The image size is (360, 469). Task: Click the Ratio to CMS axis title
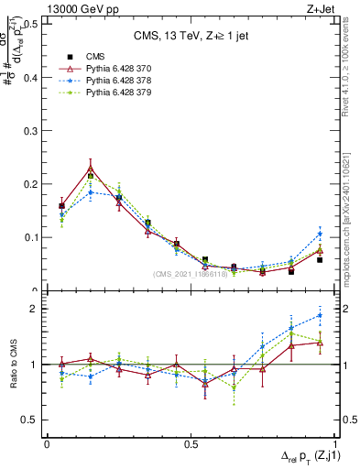pyautogui.click(x=13, y=365)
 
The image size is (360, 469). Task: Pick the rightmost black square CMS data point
pyautogui.click(x=320, y=260)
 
